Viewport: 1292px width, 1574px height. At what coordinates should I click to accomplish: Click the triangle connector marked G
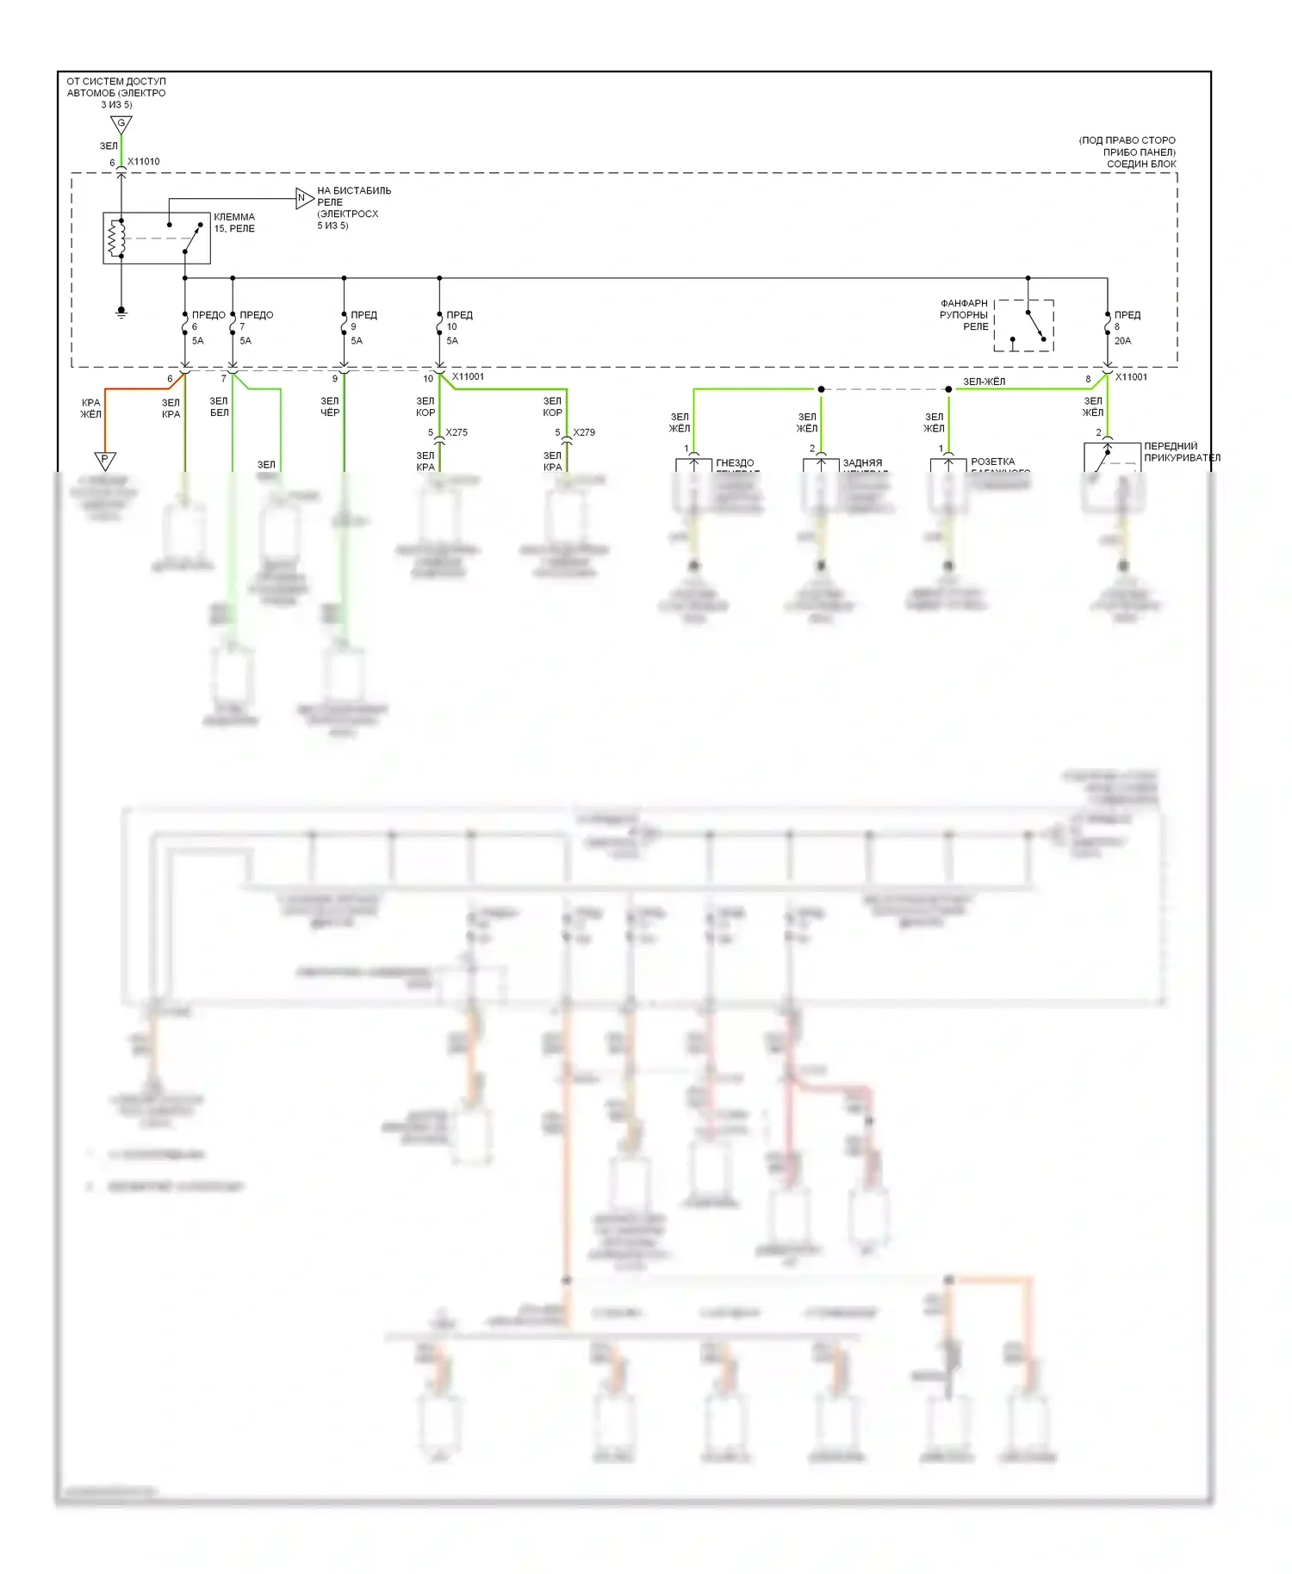[121, 124]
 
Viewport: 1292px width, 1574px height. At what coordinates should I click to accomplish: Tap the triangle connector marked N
[303, 198]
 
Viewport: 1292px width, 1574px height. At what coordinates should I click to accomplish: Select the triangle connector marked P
[104, 461]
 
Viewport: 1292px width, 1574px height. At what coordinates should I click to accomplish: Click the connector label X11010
[144, 162]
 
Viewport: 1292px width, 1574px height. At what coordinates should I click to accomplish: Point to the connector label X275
[457, 432]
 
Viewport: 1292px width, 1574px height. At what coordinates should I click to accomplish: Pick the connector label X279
[584, 432]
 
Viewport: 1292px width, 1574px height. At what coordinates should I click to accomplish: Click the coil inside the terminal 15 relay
[116, 238]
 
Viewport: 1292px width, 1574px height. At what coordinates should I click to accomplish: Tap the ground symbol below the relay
[121, 312]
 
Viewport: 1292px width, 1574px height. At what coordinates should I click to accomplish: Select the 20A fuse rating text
[1122, 341]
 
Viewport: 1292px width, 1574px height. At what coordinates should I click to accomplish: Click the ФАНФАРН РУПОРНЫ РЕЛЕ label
[964, 315]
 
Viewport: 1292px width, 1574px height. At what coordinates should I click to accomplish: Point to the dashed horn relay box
[1024, 325]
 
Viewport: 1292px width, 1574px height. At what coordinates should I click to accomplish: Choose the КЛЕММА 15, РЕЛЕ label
[234, 223]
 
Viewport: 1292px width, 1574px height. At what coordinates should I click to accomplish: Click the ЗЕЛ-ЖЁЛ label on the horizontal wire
[984, 381]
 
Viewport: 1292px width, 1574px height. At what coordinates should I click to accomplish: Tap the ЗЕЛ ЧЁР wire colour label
[330, 406]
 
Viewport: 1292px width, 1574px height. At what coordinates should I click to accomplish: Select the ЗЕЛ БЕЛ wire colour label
[220, 406]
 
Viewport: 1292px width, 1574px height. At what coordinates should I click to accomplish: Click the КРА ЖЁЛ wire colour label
[90, 408]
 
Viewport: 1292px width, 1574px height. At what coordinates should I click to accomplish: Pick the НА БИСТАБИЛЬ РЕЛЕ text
[353, 196]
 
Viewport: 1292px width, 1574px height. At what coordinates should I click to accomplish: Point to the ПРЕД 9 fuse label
[363, 320]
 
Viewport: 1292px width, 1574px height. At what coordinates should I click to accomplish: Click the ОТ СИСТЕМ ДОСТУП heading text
[116, 82]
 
